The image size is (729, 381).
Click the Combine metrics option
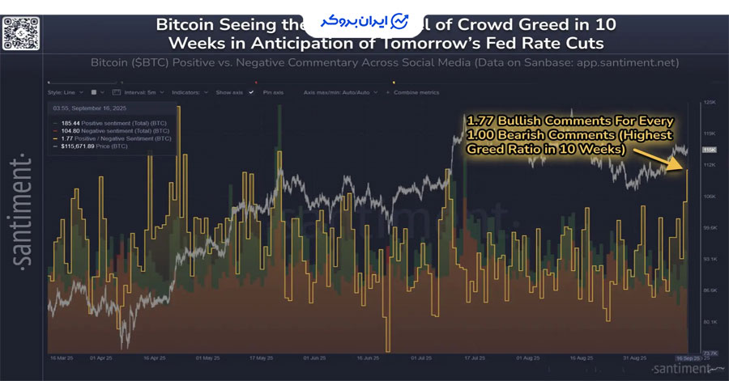coord(415,92)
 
